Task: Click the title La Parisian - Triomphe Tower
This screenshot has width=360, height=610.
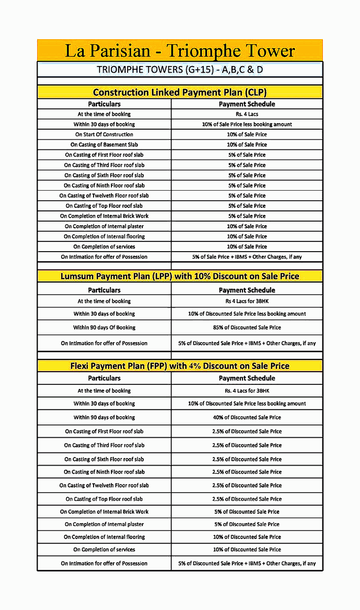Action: tap(179, 51)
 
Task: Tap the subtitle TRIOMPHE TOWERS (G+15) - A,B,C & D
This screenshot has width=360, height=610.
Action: tap(179, 70)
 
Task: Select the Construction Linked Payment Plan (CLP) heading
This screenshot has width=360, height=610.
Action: tap(179, 92)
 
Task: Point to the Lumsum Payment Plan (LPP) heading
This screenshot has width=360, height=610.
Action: tap(179, 276)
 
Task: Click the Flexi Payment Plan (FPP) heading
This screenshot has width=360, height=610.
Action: tap(179, 365)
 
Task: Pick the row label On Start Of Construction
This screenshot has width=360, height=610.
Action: tap(104, 135)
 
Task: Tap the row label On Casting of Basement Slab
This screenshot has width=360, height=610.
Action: tap(104, 145)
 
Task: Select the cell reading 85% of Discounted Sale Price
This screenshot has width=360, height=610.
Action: tap(247, 327)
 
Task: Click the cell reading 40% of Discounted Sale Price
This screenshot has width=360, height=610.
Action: tap(247, 417)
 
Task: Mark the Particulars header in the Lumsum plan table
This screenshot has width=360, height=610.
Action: tap(104, 290)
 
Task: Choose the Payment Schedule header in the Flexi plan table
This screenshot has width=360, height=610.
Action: tap(247, 378)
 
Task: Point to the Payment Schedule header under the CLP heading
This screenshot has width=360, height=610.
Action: tap(247, 104)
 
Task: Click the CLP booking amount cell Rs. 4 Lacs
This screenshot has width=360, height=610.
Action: tap(247, 114)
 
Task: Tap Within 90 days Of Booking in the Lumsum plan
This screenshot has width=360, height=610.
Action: tap(104, 327)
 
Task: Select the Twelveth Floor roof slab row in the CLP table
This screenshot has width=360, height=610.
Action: tap(104, 196)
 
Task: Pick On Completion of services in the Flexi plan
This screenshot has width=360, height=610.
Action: tap(104, 550)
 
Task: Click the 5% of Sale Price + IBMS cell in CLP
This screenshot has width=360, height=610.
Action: tap(247, 257)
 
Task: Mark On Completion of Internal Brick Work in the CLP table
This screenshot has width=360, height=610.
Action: tap(104, 216)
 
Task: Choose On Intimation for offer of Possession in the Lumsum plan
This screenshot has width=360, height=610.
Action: tap(104, 343)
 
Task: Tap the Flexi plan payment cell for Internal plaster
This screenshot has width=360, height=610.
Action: tap(247, 524)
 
